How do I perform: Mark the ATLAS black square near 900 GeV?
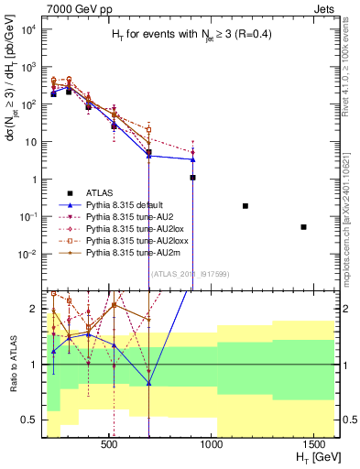point(193,177)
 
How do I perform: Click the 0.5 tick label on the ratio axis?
point(29,420)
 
